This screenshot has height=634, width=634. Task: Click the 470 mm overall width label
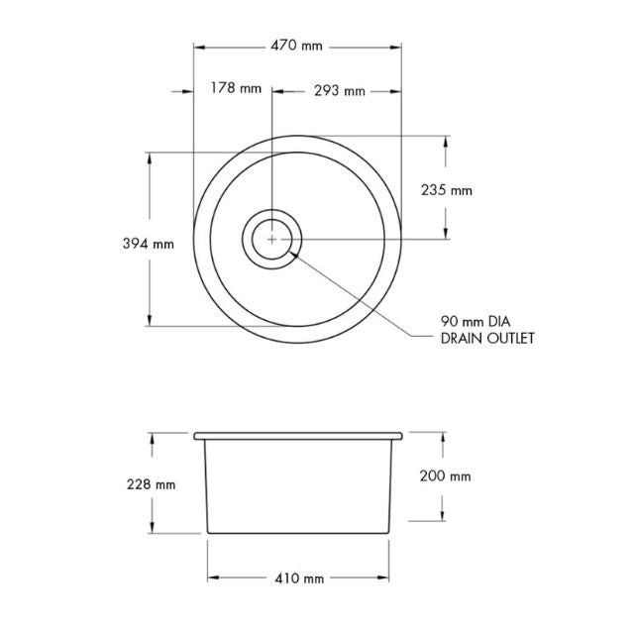(296, 46)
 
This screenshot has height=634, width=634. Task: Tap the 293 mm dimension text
(339, 90)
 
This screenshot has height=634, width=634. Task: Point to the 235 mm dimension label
(448, 190)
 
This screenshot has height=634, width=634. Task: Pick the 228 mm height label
(152, 484)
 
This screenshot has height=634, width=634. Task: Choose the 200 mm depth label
(446, 475)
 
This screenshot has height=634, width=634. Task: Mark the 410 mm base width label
(299, 578)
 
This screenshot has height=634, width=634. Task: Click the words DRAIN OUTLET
(487, 339)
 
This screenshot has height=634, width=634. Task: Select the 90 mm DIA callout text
(475, 321)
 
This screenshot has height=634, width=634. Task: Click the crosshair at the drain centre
(271, 239)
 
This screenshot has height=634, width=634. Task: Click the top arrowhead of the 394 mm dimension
(150, 158)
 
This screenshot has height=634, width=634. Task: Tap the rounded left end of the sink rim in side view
(196, 436)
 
